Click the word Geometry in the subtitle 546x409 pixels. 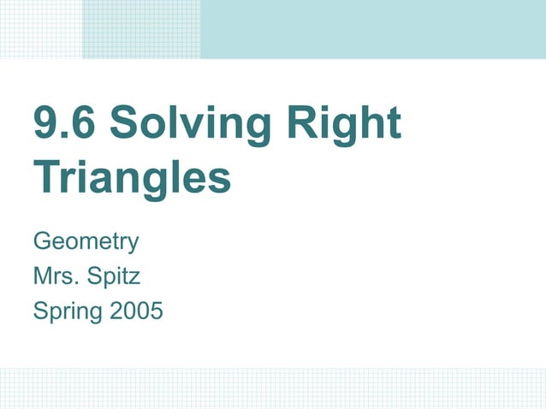point(85,242)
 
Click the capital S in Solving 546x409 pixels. point(126,124)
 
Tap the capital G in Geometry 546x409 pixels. point(42,242)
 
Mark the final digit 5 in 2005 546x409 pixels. point(155,311)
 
